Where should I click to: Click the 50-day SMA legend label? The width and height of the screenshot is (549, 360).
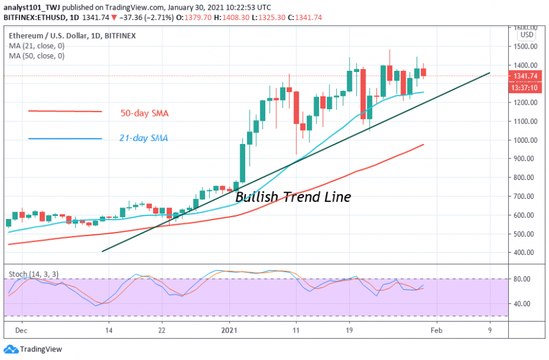tap(144, 113)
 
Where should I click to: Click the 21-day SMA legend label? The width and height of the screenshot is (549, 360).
tap(144, 139)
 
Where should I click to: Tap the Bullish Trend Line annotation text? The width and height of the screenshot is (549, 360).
tap(293, 197)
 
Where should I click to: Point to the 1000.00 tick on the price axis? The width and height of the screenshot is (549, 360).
tap(525, 140)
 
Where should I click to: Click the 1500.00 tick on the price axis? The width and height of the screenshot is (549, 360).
tap(525, 46)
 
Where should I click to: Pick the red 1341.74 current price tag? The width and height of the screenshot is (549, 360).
tap(525, 76)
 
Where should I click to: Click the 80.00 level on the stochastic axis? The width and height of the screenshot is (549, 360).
tap(522, 279)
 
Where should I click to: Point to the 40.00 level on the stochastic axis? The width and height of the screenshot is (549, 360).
tap(522, 304)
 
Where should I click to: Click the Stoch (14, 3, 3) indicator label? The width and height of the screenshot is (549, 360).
tap(30, 275)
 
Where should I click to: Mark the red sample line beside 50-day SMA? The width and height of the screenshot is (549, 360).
tap(65, 111)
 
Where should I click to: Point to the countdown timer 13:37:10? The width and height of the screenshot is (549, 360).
tap(525, 87)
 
